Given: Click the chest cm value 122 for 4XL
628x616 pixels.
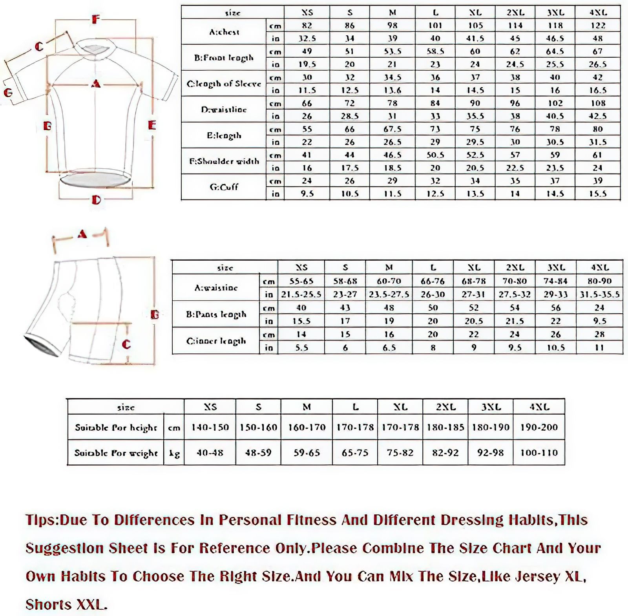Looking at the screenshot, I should tap(598, 26).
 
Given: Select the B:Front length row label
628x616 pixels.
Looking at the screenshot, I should tap(224, 58).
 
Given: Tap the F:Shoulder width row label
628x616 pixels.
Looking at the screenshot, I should tap(224, 161).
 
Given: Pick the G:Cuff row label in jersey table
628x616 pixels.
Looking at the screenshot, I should tap(224, 187).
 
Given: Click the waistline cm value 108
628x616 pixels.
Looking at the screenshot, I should tap(598, 103).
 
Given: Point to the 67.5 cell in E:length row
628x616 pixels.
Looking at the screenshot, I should tap(392, 129).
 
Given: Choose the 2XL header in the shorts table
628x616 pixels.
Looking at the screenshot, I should tap(515, 267).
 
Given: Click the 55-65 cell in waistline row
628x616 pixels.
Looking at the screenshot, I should tap(301, 281).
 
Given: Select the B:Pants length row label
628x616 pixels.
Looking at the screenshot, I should tap(216, 314).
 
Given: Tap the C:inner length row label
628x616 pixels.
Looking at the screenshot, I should tap(216, 341).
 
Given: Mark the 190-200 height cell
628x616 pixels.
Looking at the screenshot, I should tap(539, 427).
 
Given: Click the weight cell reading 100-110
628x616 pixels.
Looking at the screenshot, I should tap(539, 453).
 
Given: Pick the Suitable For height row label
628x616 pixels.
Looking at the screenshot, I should tap(116, 427).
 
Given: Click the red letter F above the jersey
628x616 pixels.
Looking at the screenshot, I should tap(95, 19).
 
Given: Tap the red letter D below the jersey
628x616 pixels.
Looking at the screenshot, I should tap(96, 200).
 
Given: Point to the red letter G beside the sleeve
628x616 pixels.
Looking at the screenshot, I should tap(8, 93).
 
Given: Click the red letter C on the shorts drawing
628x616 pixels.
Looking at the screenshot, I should tap(126, 344).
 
